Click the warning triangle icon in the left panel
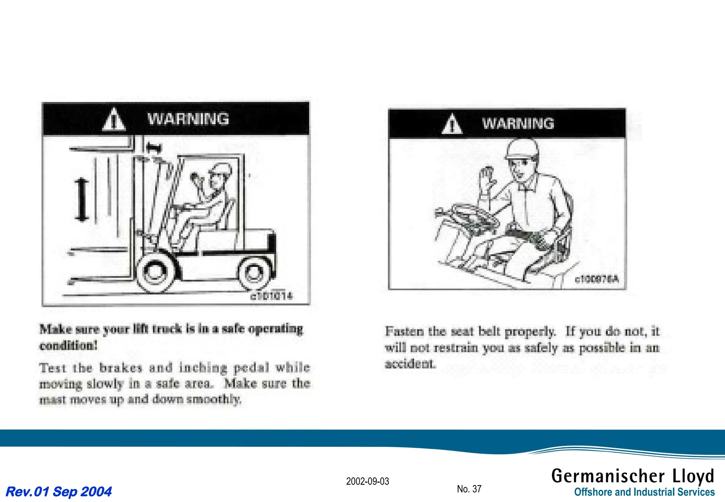coord(114,120)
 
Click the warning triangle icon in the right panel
coord(452,124)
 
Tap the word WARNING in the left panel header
coord(188,119)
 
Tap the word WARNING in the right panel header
coord(518,124)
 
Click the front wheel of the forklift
coord(155,272)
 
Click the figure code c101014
coord(272,296)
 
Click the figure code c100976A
coord(597,279)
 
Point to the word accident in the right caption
coord(410,364)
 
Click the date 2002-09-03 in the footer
coord(367,481)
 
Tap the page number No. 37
coord(469,489)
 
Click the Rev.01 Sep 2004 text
coord(59,492)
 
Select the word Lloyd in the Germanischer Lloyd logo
coord(693,476)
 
